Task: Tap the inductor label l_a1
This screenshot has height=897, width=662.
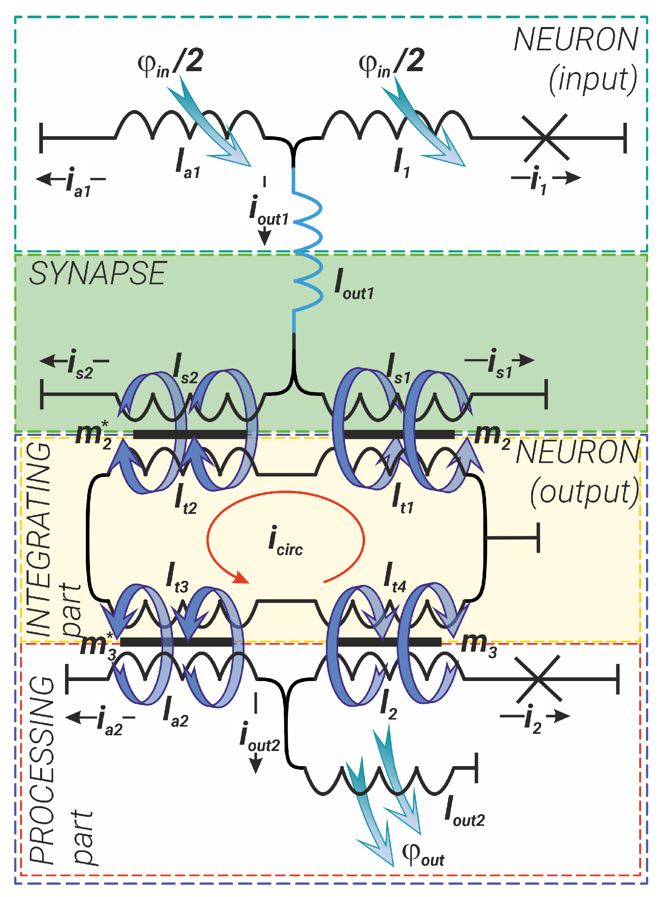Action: (187, 164)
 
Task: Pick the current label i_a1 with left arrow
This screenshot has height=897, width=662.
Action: (78, 182)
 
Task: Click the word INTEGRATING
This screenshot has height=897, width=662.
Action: (39, 540)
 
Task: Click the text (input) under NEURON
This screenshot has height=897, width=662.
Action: (592, 79)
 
